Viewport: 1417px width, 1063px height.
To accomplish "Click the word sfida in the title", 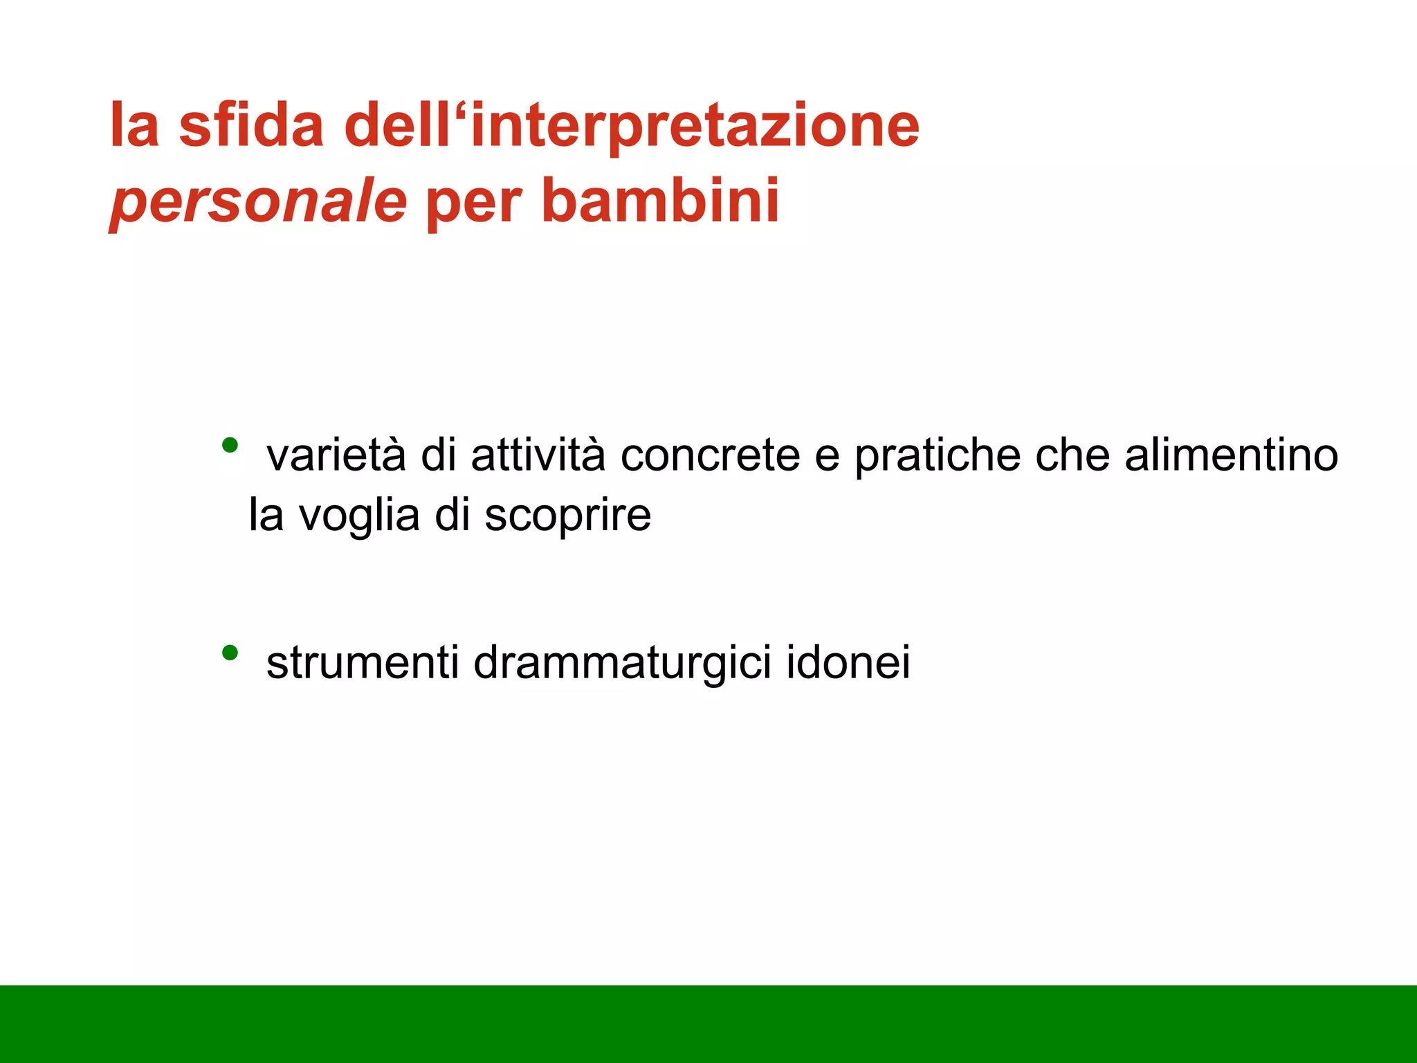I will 251,125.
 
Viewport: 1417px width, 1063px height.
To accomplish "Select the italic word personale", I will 258,201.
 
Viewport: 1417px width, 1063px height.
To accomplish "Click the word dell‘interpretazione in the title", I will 632,127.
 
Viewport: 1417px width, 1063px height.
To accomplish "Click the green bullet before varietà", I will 230,444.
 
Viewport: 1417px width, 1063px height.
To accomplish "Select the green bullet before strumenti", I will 230,651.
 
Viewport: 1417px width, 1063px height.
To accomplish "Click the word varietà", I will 336,455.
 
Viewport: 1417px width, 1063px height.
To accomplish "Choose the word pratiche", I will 938,457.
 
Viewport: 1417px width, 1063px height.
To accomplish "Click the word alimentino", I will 1231,455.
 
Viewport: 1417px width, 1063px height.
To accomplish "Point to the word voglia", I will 359,517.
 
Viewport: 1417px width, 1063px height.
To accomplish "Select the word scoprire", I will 567,517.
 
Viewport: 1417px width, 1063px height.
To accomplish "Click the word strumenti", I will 363,662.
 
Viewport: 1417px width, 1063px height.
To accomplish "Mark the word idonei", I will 848,662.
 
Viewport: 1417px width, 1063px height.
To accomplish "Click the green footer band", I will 708,1024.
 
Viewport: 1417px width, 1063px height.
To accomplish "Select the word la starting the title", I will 135,125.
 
